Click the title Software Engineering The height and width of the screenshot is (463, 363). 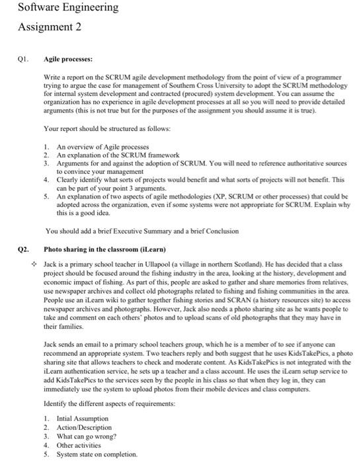point(59,8)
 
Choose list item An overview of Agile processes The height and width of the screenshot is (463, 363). point(102,146)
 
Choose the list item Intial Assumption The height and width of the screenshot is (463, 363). point(83,419)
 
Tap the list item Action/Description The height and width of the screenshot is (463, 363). point(84,428)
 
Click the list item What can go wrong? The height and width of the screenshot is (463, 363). point(87,437)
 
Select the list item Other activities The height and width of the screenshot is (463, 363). point(80,445)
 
